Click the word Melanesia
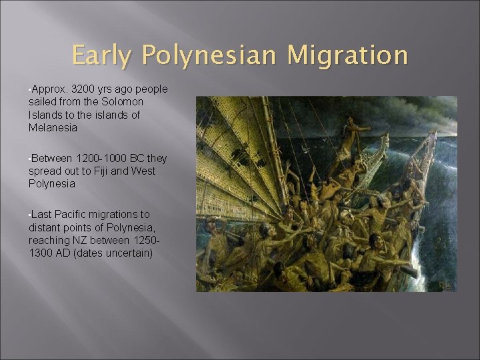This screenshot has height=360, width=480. tap(53, 127)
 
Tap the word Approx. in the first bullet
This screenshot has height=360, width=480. tap(48, 89)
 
